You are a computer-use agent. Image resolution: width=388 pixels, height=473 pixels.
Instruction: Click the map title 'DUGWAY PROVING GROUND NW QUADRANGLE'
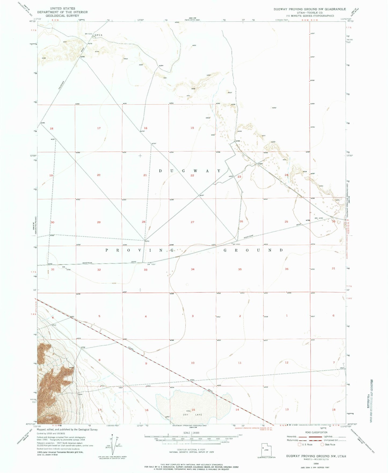point(310,9)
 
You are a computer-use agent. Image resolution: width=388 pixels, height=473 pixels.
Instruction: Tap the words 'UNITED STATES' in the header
point(63,9)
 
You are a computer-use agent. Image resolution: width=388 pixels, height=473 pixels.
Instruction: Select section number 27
point(193,222)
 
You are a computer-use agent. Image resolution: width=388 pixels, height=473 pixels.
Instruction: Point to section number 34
point(193,269)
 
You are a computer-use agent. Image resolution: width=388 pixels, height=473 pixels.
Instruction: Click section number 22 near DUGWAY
point(192,175)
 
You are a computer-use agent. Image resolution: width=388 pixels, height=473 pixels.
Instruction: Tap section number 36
point(287,269)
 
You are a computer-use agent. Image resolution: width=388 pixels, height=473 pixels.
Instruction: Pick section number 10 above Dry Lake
point(193,363)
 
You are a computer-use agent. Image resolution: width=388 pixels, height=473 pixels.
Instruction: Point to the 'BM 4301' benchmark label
point(236,244)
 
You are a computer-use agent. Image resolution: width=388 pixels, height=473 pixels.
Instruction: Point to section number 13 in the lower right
point(287,410)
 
